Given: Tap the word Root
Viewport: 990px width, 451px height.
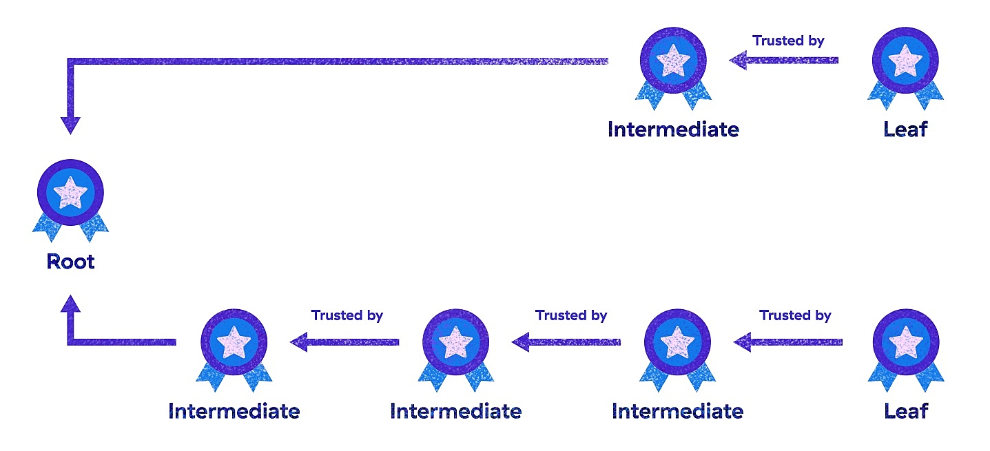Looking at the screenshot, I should coord(70,262).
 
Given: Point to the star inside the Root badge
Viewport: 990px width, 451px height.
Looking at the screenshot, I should coord(70,192).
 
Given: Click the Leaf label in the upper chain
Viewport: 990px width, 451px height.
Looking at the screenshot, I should coord(905,129).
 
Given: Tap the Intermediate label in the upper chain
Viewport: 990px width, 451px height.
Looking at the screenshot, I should coord(673,129).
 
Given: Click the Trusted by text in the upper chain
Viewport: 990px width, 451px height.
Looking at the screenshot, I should coord(788,41).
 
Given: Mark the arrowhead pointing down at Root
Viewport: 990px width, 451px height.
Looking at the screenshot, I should coord(70,125).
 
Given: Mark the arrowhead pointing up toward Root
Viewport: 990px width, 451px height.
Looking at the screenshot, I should coord(70,305).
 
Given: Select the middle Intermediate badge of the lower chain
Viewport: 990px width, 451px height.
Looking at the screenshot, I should coord(455,344).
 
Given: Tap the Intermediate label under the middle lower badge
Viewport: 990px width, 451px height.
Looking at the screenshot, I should coord(455,411).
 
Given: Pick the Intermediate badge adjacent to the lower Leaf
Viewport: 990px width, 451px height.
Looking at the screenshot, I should coord(678,344).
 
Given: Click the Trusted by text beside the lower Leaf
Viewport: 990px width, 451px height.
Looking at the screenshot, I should coord(795,315).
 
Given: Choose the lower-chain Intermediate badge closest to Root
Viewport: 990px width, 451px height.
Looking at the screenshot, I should coord(234,344).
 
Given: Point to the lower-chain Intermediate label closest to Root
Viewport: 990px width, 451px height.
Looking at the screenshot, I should coord(234,411).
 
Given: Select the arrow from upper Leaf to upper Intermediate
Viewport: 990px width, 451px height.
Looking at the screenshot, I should coord(784,61).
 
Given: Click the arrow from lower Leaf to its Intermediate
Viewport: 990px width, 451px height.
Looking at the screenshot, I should coord(787,342).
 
